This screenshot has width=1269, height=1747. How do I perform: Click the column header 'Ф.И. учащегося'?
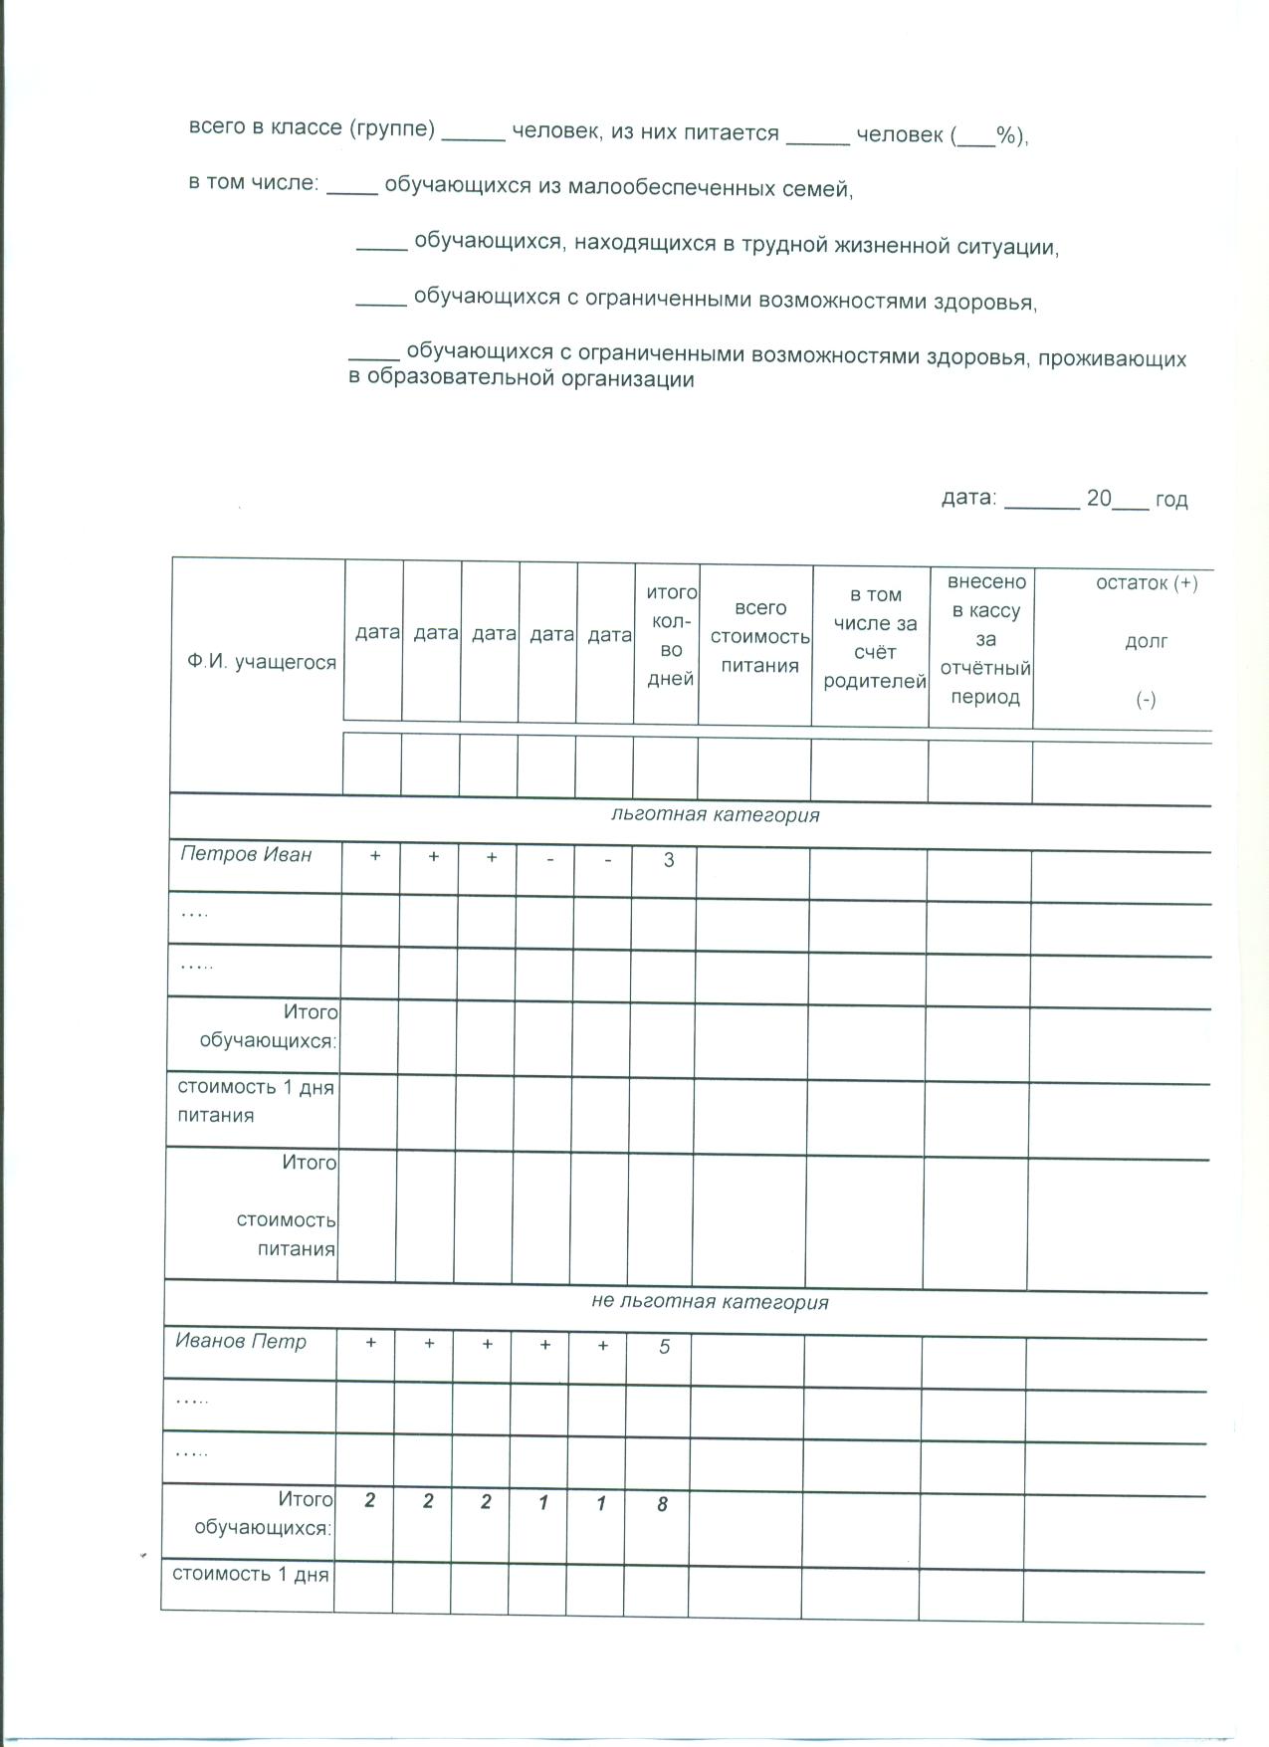click(x=261, y=663)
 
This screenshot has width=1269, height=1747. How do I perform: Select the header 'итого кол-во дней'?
click(x=671, y=635)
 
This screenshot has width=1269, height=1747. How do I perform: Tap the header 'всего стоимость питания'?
click(x=760, y=637)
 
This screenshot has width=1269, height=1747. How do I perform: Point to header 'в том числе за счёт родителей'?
click(x=875, y=638)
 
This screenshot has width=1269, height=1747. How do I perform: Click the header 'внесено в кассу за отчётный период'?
click(x=985, y=638)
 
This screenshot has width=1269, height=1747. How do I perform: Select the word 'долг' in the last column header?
click(x=1146, y=642)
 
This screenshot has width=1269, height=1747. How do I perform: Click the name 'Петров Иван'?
click(x=246, y=854)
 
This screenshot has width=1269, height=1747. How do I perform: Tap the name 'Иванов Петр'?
click(x=241, y=1341)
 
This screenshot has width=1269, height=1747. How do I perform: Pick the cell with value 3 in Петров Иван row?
click(x=669, y=859)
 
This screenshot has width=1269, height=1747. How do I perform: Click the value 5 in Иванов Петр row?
click(x=665, y=1347)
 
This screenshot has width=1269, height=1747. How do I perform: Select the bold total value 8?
click(x=662, y=1504)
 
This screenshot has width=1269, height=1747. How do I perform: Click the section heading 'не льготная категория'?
click(x=710, y=1302)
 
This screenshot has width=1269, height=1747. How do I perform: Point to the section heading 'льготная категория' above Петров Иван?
click(x=715, y=815)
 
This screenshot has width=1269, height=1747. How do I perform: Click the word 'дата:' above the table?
click(x=968, y=498)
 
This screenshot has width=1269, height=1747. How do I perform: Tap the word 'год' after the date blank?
click(x=1171, y=500)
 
